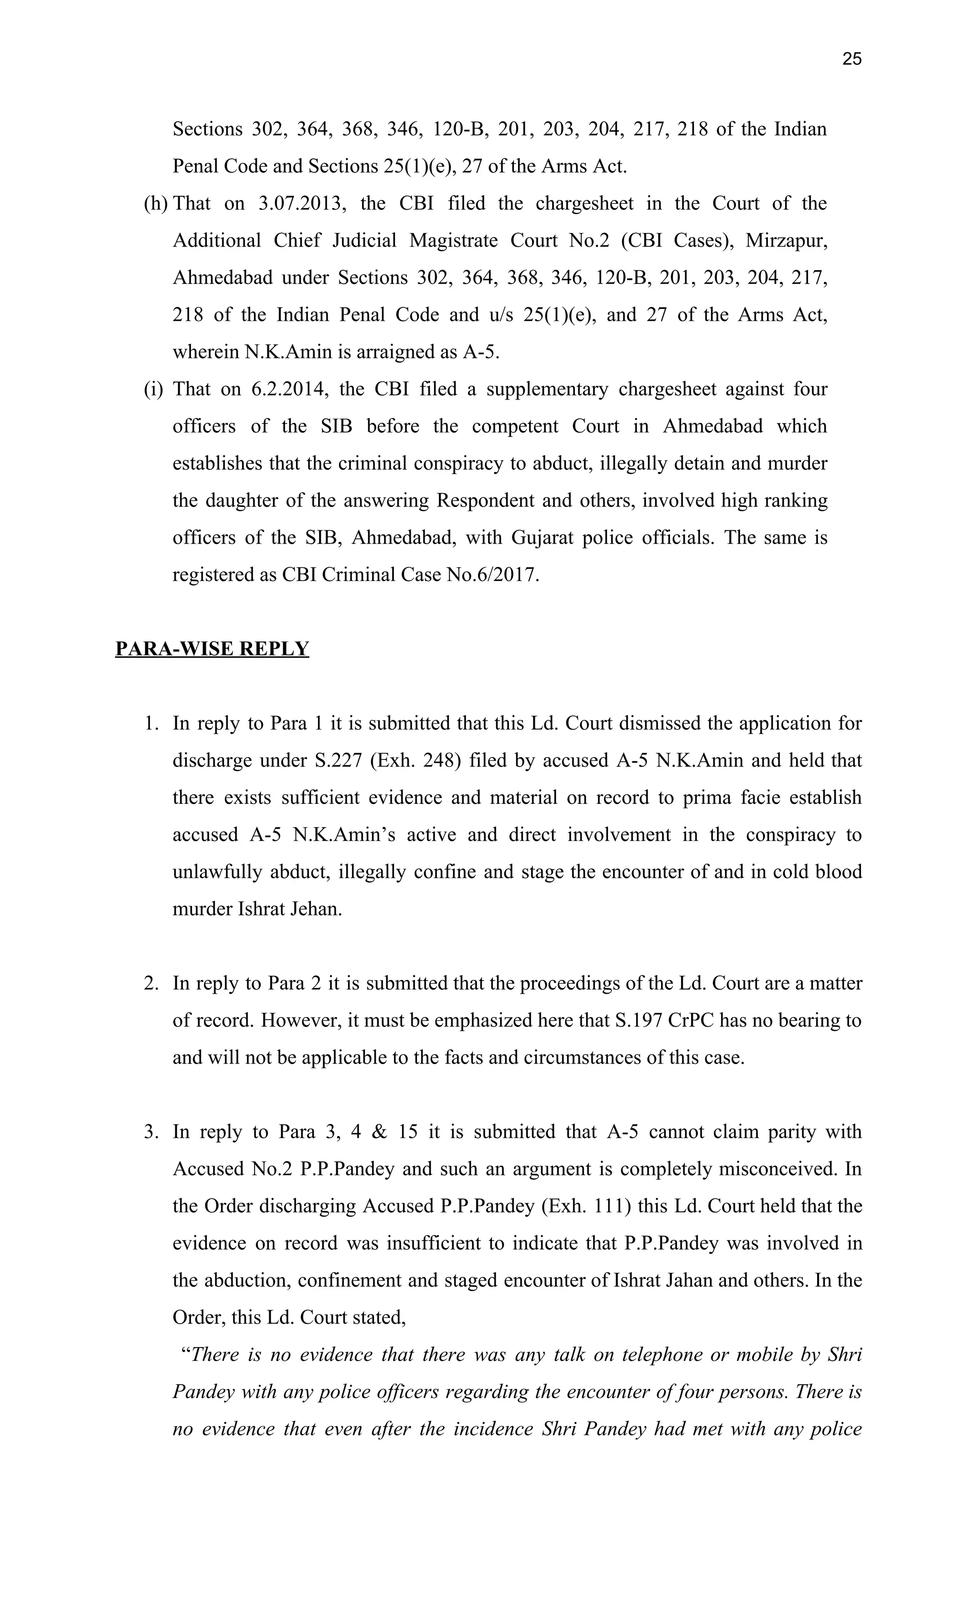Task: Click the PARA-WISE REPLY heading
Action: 212,649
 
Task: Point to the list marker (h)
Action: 156,204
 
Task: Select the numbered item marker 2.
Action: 151,983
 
